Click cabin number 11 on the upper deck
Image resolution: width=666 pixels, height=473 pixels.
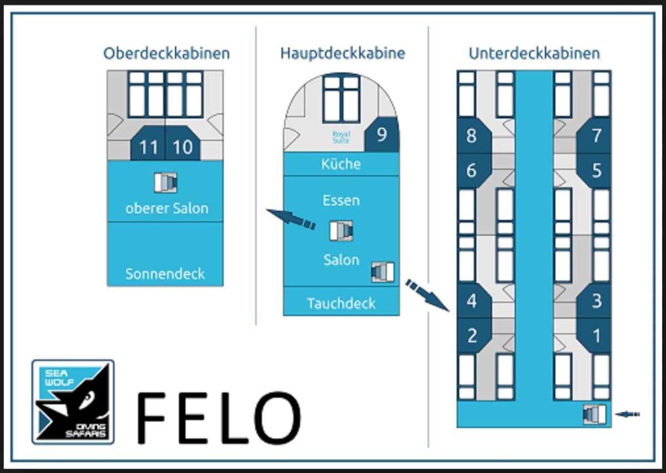point(148,143)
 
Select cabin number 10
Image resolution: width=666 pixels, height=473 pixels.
point(183,143)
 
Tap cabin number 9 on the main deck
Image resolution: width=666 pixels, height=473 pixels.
point(382,134)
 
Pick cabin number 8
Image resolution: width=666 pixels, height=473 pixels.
point(474,135)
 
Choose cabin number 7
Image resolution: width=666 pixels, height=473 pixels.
point(594,135)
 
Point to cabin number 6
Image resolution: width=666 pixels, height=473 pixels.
point(474,170)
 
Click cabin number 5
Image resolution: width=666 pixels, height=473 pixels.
point(594,170)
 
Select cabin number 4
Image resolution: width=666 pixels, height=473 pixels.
point(474,300)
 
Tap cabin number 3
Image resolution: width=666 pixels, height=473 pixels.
point(594,300)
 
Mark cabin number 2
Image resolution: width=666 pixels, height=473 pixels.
point(474,335)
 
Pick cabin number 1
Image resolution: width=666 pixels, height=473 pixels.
point(594,335)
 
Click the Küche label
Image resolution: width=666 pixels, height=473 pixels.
point(341,164)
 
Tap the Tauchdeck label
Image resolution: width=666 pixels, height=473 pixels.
point(341,303)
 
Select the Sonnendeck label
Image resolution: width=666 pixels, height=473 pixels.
point(165,274)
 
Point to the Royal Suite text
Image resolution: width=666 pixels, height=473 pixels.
point(341,137)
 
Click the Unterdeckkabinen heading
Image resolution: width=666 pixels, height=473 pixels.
point(534,53)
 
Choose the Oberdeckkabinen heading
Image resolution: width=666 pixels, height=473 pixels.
point(167,53)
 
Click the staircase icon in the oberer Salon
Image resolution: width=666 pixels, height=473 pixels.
point(165,182)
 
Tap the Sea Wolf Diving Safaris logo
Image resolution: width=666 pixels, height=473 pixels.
point(73,402)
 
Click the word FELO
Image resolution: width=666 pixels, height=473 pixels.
point(219,418)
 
